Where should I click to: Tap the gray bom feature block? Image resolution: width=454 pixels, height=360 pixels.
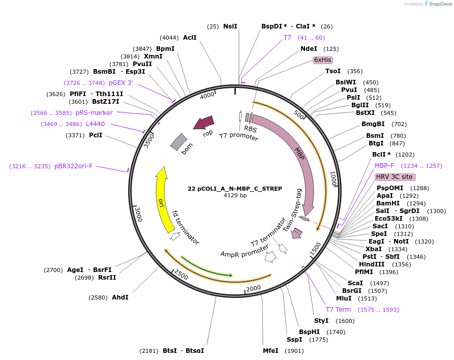point(178,142)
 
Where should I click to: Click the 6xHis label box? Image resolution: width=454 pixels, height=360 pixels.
point(322,60)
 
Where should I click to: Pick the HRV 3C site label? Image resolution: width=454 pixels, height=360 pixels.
point(395,177)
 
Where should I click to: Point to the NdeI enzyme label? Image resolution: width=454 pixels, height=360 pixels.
point(309,49)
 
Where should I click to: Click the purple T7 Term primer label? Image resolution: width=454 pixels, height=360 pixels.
point(338,309)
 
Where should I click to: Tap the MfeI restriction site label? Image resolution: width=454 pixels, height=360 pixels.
point(270,350)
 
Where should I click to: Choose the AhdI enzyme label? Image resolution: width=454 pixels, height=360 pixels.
point(120,297)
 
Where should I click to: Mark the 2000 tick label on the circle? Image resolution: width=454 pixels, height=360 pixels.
point(253,288)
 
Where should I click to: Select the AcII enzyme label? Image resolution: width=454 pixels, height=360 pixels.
point(190,38)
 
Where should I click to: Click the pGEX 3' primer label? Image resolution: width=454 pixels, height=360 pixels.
point(120,83)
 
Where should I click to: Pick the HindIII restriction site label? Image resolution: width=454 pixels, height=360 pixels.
point(371,264)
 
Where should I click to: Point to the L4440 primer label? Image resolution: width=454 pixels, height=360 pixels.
point(95,124)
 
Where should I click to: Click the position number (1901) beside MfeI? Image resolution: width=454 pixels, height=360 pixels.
point(294,350)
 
